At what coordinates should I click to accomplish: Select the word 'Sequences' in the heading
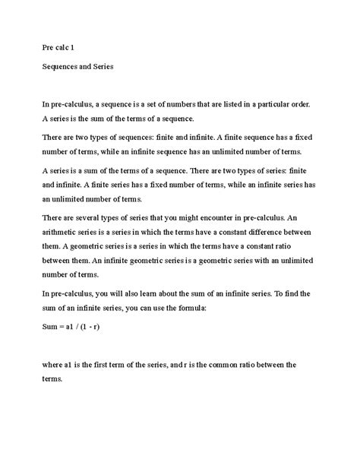pyautogui.click(x=63, y=67)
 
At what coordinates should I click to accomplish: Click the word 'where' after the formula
pyautogui.click(x=54, y=364)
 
